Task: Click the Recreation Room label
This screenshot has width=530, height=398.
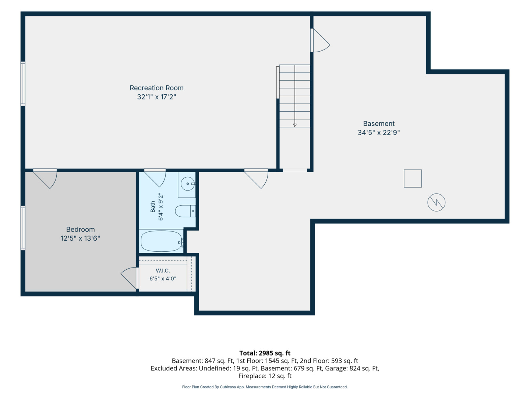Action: point(156,88)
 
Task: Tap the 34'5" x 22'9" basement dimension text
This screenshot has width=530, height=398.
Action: point(379,132)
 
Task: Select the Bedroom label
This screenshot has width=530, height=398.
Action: point(80,229)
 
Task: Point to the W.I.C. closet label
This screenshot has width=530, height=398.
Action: point(163,270)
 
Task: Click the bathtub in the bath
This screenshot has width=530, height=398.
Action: point(162,241)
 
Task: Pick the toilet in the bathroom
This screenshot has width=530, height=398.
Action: point(185,211)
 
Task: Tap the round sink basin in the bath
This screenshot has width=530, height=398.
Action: point(188,184)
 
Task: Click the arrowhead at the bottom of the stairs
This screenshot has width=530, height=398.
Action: point(294,125)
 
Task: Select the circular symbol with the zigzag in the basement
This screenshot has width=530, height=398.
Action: point(436,202)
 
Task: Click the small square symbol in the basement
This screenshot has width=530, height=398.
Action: point(413,178)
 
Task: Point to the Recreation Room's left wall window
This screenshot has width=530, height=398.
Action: point(23,84)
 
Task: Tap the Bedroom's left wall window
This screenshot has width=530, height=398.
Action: point(23,228)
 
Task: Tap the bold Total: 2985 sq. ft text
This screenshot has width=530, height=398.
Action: point(265,353)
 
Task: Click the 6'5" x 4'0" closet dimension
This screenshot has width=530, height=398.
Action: point(163,279)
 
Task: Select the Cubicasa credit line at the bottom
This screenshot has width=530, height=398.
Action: point(265,387)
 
